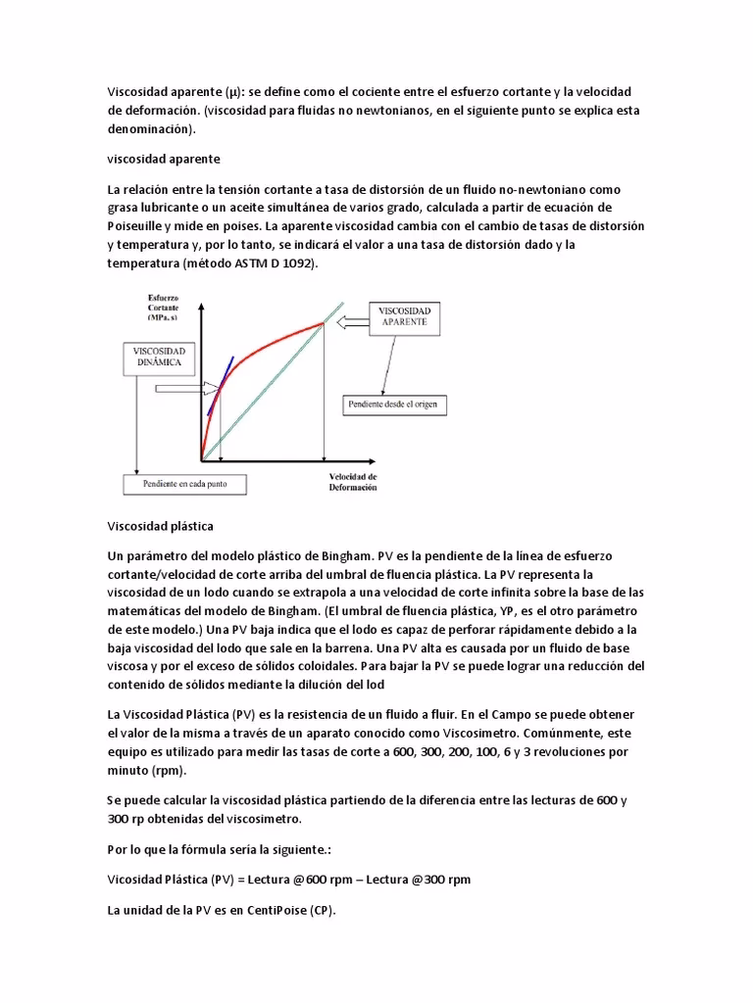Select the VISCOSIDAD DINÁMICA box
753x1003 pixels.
coord(165,358)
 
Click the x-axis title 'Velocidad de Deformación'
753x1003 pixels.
coord(352,482)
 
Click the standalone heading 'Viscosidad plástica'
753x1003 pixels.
coord(160,526)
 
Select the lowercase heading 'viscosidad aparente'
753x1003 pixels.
coord(164,158)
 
